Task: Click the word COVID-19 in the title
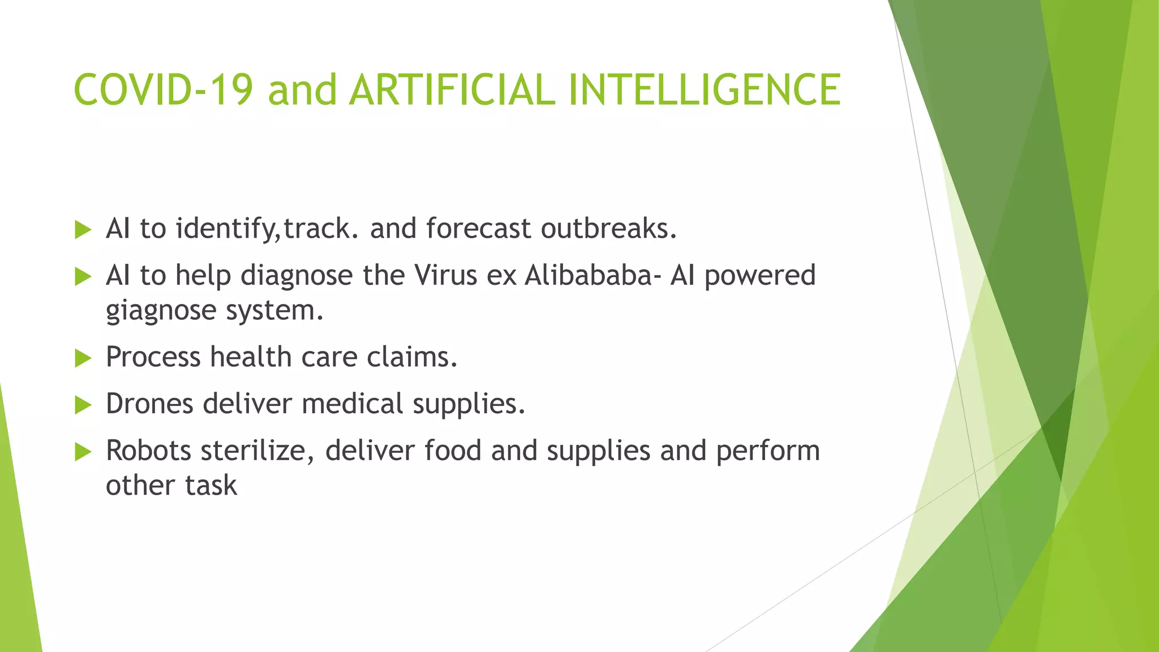coord(163,90)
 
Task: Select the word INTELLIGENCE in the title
coord(704,90)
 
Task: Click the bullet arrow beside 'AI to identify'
coord(83,230)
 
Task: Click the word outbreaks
coord(608,229)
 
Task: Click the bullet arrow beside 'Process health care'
coord(83,358)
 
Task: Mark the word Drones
coord(149,404)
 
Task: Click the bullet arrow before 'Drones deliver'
coord(83,405)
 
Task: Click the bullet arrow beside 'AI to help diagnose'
coord(83,277)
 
